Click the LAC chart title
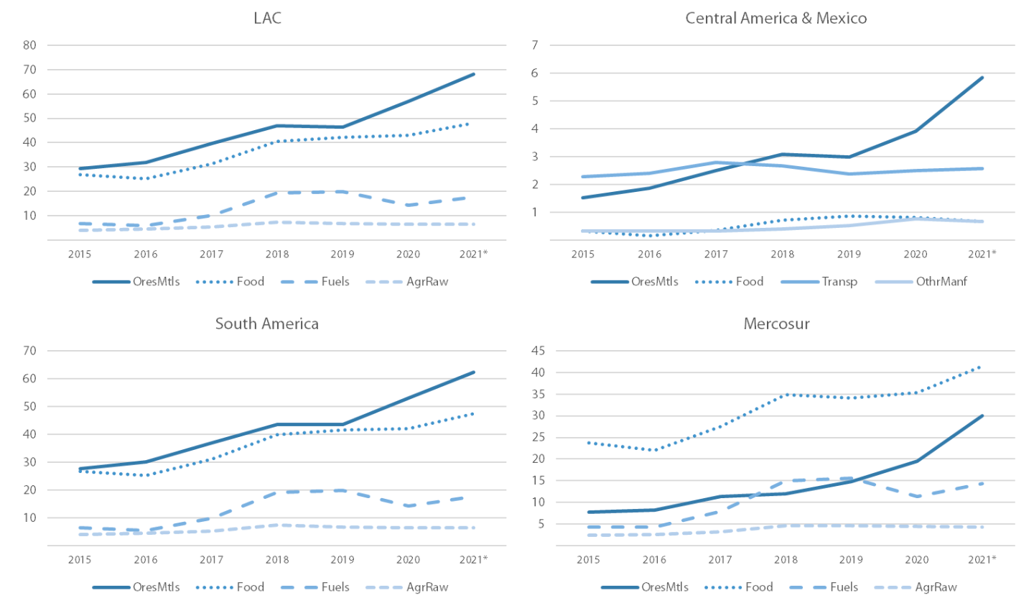click(267, 18)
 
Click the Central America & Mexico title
click(775, 18)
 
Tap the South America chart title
click(267, 323)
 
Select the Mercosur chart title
click(776, 323)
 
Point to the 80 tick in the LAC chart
click(29, 45)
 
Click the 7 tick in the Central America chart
click(534, 45)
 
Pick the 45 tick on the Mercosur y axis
click(538, 351)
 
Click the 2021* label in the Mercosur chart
click(982, 559)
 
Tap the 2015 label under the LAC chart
click(80, 254)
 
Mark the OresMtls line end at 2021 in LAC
click(474, 74)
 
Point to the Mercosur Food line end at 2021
click(982, 367)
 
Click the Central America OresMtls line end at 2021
click(982, 78)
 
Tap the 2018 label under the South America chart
click(278, 559)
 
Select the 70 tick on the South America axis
click(29, 351)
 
